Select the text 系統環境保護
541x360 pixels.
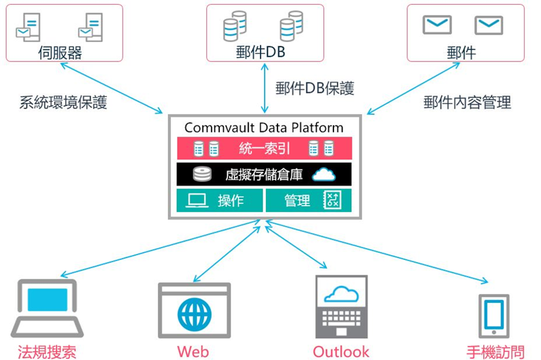pos(63,103)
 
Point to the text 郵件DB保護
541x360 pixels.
pos(314,88)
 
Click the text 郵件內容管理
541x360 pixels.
pos(467,102)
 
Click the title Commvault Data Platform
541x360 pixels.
pos(263,127)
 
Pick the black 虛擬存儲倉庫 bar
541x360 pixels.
pos(264,175)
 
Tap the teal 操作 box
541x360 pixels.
pos(220,201)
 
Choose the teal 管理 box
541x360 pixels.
pos(308,201)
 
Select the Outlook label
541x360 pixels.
pos(341,352)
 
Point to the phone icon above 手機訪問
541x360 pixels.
pos(494,315)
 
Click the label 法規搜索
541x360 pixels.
pos(47,352)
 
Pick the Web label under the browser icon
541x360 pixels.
pos(193,352)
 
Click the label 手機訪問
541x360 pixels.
pos(495,352)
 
